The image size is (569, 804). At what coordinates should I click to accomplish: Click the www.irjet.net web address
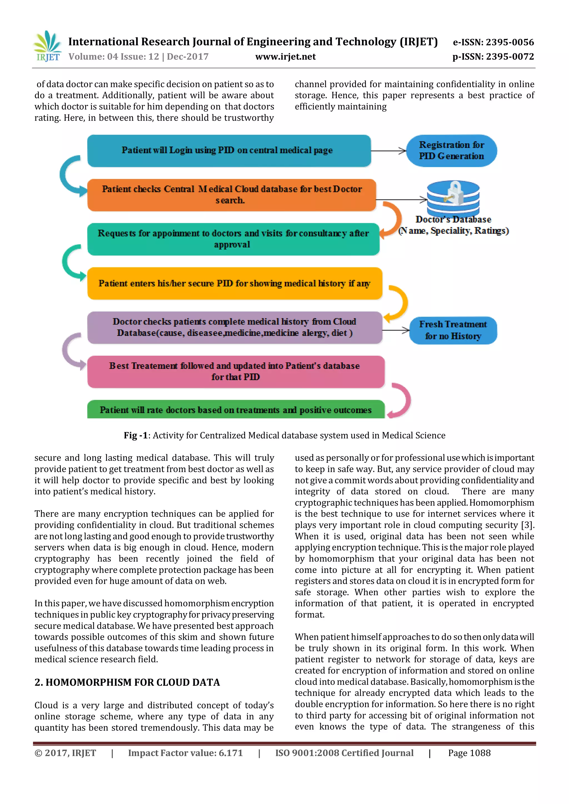(285, 57)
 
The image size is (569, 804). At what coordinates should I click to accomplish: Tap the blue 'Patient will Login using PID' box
(229, 150)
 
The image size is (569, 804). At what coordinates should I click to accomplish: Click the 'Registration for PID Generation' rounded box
(451, 150)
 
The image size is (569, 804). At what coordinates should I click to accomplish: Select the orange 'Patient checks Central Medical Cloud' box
(231, 195)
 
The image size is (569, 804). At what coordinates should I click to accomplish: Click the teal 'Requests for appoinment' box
(233, 239)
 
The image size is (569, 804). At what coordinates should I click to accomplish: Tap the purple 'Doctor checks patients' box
(234, 327)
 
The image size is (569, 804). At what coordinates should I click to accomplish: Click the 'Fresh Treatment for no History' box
(453, 330)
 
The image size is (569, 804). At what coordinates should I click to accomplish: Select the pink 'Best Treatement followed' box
(235, 371)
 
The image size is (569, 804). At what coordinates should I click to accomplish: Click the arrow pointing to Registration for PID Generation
(389, 151)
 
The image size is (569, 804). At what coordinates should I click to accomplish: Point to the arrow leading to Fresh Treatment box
(396, 330)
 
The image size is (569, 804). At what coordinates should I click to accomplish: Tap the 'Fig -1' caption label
(136, 435)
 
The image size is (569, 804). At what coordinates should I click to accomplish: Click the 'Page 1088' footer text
(469, 753)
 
